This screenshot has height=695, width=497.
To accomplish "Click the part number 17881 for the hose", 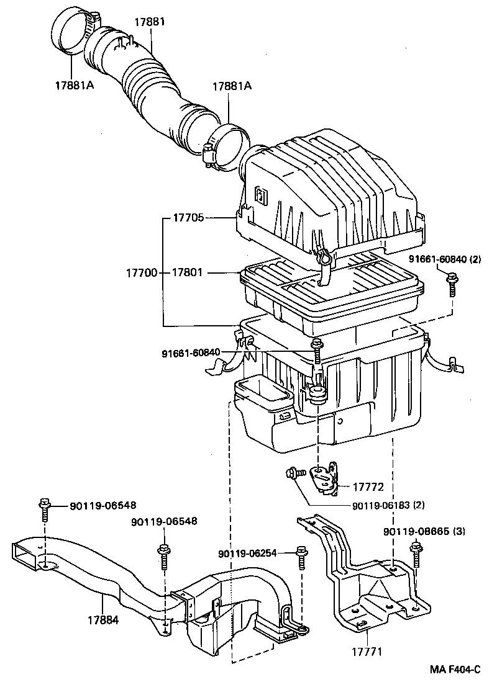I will [150, 22].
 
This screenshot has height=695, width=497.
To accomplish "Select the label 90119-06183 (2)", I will [388, 504].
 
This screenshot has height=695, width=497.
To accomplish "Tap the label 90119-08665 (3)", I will [424, 531].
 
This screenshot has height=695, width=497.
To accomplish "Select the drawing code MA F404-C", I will [455, 670].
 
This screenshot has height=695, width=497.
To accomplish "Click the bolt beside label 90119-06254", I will [302, 557].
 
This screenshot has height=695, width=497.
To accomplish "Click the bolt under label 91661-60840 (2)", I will [451, 287].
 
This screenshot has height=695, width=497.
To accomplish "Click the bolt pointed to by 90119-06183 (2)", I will [293, 475].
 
